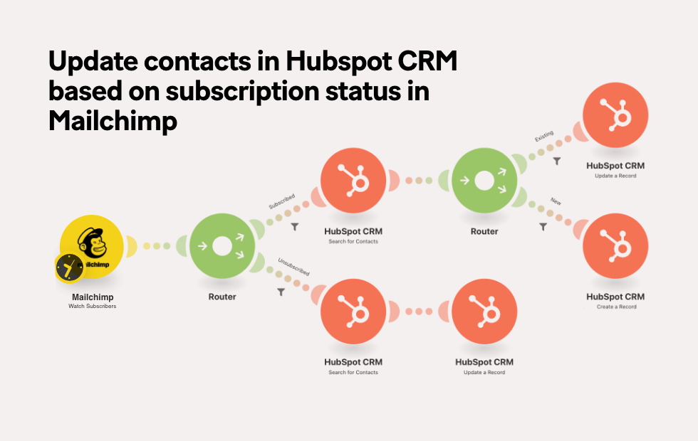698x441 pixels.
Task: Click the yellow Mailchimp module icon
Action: point(92,247)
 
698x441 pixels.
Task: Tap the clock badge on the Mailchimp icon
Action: point(70,268)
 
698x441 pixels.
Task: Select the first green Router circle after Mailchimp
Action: point(222,246)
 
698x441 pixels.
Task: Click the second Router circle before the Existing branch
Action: point(484,181)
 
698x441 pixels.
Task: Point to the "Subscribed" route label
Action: point(282,201)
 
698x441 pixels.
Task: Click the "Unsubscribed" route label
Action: point(293,267)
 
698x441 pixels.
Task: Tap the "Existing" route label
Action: point(544,136)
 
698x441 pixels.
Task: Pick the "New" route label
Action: point(556,201)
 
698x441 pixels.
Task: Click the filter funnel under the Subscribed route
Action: point(295,227)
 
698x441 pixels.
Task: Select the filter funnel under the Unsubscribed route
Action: point(281,292)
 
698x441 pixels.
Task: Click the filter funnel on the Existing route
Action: point(557,161)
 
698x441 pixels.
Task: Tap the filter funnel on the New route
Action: point(543,227)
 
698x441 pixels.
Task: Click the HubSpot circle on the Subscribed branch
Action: point(353,181)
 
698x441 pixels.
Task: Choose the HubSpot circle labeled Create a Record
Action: point(615,246)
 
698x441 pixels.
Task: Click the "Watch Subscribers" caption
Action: point(92,307)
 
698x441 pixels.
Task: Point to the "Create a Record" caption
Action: point(617,307)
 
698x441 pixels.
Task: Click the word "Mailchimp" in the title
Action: point(113,121)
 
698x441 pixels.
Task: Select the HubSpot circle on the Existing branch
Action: point(615,115)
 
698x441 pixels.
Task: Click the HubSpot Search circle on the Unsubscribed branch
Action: point(353,312)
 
